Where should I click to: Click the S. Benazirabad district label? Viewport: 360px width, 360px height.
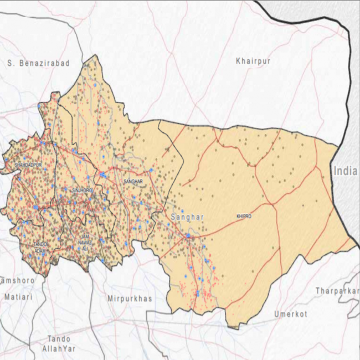coord(39,64)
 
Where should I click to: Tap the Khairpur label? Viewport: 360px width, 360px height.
coord(253,61)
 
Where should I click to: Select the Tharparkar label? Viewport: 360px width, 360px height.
coord(337,291)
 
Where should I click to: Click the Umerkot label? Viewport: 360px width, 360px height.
coord(290,315)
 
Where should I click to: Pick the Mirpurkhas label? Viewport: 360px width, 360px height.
coord(129,299)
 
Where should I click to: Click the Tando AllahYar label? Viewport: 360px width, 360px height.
coord(59,343)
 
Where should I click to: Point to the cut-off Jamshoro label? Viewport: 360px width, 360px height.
coord(17,281)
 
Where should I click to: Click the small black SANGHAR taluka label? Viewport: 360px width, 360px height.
coord(133,182)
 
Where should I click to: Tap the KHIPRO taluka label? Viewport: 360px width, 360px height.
coord(244,217)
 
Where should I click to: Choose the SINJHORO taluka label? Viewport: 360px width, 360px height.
coord(83,190)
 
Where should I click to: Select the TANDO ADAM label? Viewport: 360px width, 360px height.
coord(40,247)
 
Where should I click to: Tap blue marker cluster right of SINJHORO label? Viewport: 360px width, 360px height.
coord(103,175)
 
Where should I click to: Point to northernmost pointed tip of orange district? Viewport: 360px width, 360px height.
coord(96,55)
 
